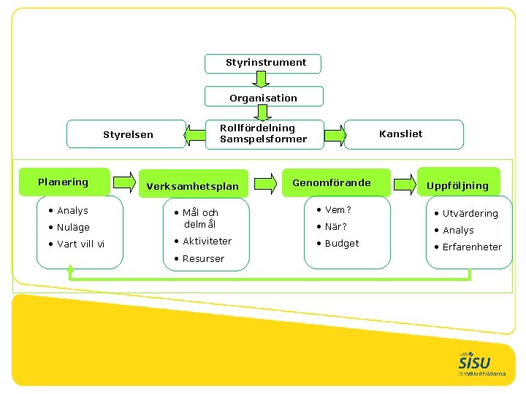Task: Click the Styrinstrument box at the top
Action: point(264,63)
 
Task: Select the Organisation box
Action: point(264,97)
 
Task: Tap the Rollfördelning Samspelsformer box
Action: point(263,134)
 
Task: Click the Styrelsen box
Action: point(127,134)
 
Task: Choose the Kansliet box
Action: point(403,134)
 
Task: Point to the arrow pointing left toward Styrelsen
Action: point(195,135)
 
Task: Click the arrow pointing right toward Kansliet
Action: point(334,134)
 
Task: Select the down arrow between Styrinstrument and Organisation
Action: point(264,79)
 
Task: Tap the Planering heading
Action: point(64,182)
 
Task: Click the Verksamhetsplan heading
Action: point(192,186)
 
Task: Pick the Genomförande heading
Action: point(332,182)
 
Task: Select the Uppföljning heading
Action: point(458,185)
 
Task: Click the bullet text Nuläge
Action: point(73,227)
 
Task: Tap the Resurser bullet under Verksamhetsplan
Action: point(203,258)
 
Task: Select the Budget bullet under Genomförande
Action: point(342,243)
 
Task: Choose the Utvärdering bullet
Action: point(470,213)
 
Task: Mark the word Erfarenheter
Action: point(472,247)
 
